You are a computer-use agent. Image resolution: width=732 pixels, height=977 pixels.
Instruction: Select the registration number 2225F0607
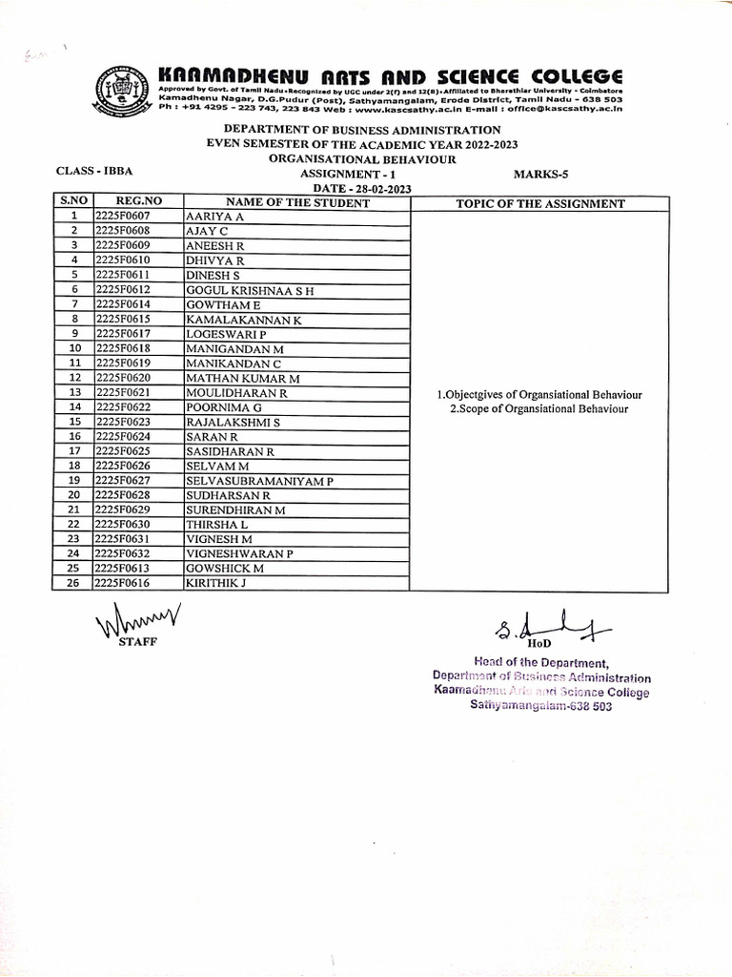[122, 218]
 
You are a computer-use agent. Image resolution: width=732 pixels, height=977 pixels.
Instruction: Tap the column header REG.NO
[138, 202]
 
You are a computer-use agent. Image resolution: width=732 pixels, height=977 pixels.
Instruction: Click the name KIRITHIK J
[216, 581]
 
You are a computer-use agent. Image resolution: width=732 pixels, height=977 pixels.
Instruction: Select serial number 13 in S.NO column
[72, 392]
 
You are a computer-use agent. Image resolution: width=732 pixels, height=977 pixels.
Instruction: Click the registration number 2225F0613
[122, 567]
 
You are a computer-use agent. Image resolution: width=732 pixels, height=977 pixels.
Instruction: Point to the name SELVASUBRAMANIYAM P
[259, 480]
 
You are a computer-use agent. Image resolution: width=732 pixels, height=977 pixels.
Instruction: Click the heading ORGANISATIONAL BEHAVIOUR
[362, 158]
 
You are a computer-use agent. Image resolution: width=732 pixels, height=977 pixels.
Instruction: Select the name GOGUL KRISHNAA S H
[250, 289]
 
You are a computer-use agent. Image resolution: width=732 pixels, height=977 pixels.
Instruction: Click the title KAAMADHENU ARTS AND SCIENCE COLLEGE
[390, 75]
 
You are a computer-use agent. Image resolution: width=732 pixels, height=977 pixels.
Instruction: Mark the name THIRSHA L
[217, 524]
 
